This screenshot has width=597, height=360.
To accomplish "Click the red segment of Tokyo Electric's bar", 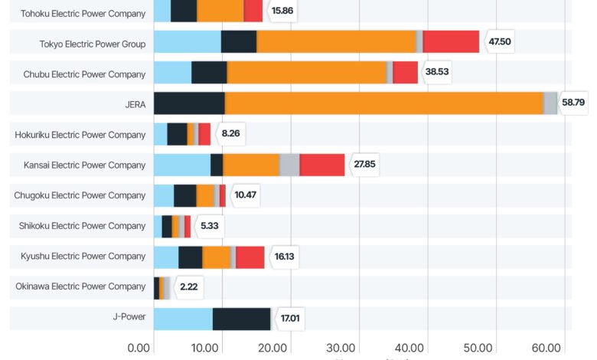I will click(451, 41).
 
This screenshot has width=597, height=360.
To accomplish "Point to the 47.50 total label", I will click(499, 41).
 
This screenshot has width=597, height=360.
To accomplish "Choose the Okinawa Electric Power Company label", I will click(80, 286).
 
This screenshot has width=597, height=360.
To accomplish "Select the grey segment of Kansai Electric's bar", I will click(289, 165).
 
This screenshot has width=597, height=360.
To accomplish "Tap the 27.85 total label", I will click(364, 165).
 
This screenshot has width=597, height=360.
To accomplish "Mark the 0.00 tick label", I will click(139, 347).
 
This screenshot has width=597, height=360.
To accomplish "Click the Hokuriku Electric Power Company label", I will click(80, 135).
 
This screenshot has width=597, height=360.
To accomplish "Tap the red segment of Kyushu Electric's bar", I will click(250, 257).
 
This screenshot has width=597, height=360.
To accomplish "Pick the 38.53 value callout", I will click(437, 73).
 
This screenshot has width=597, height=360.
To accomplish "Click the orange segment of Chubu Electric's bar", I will click(306, 73).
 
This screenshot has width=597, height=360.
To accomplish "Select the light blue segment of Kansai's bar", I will click(182, 165).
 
